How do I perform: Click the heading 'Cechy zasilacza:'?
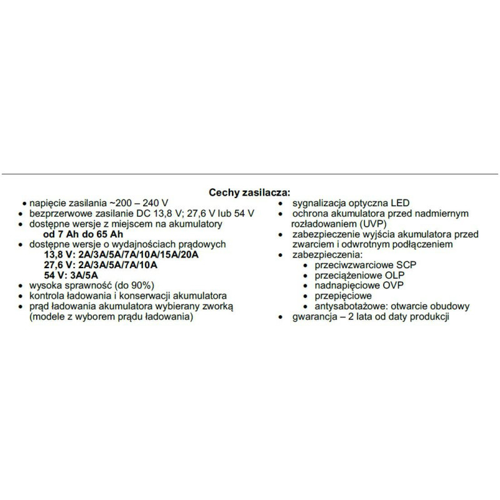click(x=250, y=194)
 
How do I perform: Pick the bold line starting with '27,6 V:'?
click(x=100, y=264)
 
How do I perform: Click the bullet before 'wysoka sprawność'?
click(x=24, y=286)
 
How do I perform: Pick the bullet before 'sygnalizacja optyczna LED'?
click(x=284, y=204)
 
